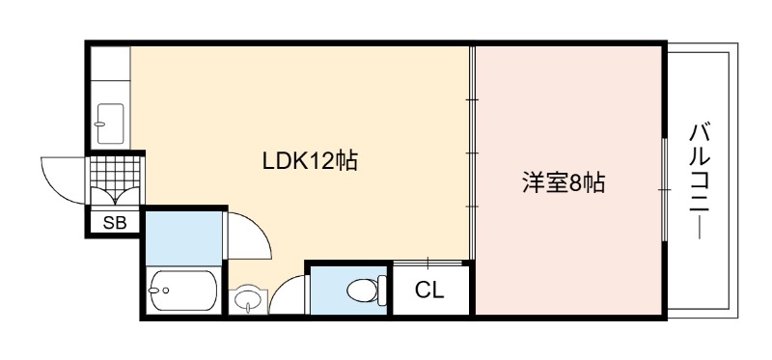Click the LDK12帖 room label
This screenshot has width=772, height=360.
point(310,161)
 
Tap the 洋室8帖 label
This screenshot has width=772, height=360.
point(564,183)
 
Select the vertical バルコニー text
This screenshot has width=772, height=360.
point(700,181)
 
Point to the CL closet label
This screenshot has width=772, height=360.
point(429,291)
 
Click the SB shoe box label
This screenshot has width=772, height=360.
point(115,223)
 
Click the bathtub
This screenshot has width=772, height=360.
point(182,291)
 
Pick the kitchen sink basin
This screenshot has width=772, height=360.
point(109,124)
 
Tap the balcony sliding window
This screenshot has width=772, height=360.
point(665,189)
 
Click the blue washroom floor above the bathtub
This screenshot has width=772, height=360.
point(183,237)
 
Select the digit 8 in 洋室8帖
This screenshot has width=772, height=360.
point(574,183)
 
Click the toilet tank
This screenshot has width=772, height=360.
point(382,291)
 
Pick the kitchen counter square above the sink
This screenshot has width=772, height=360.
point(110,64)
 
